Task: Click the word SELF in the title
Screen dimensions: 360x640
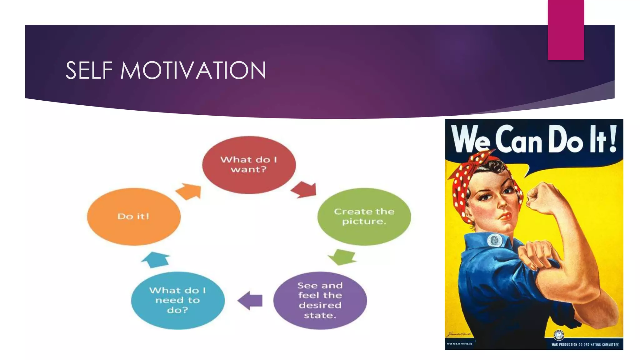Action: pyautogui.click(x=89, y=71)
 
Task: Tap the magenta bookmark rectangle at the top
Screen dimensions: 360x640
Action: pyautogui.click(x=566, y=30)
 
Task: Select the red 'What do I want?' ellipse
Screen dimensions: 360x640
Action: pyautogui.click(x=249, y=165)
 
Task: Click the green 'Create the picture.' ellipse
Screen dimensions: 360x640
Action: pyautogui.click(x=364, y=216)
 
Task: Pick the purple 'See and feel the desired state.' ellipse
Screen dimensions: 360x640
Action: pyautogui.click(x=320, y=300)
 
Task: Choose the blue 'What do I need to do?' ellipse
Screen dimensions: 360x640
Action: pyautogui.click(x=177, y=300)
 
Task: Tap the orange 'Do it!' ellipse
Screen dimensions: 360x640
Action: pyautogui.click(x=134, y=216)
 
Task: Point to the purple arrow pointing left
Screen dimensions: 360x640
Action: pyautogui.click(x=251, y=301)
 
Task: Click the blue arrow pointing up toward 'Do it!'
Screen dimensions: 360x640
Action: pyautogui.click(x=156, y=259)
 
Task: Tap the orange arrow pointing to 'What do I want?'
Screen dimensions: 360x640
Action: pyautogui.click(x=189, y=191)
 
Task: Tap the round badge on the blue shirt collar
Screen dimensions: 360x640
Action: pyautogui.click(x=495, y=240)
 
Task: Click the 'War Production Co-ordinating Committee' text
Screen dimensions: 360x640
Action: pyautogui.click(x=585, y=345)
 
